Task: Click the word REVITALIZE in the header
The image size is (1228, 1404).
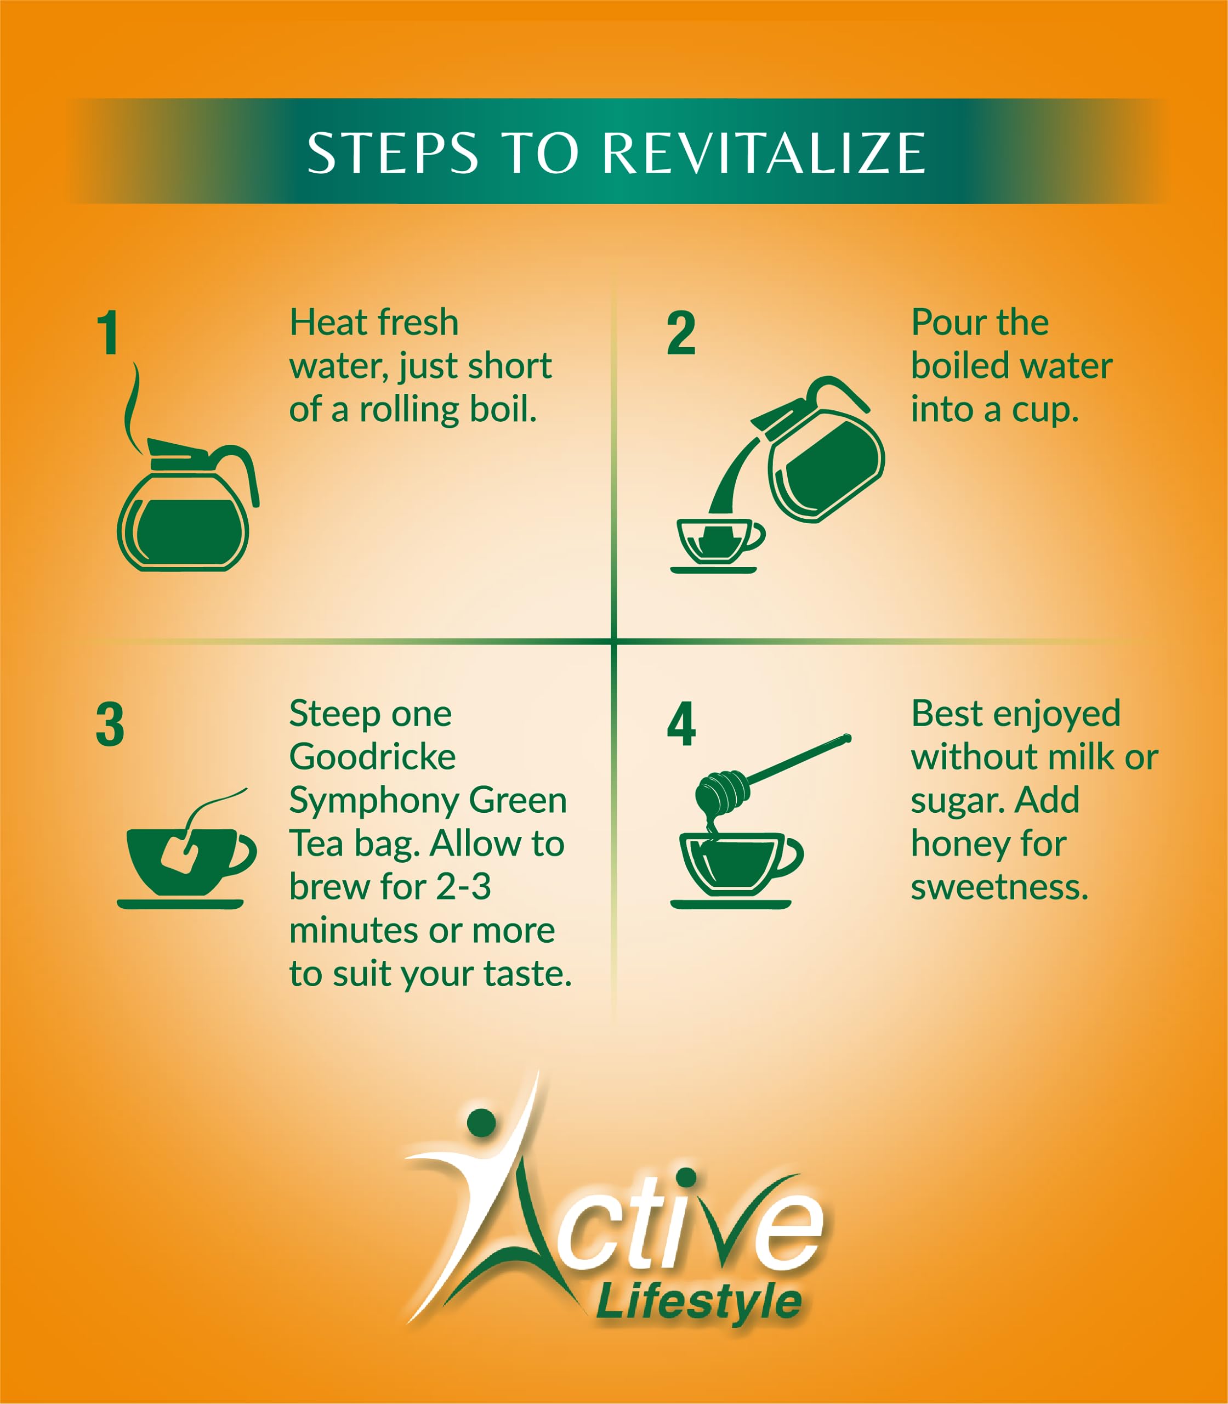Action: coord(764,152)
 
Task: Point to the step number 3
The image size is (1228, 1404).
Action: coord(110,724)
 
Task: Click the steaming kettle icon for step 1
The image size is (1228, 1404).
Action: coord(186,504)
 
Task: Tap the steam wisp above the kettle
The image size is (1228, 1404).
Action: coord(134,408)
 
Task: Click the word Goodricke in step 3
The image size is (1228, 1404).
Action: coord(372,757)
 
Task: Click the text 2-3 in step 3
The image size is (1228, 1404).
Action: coord(464,887)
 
